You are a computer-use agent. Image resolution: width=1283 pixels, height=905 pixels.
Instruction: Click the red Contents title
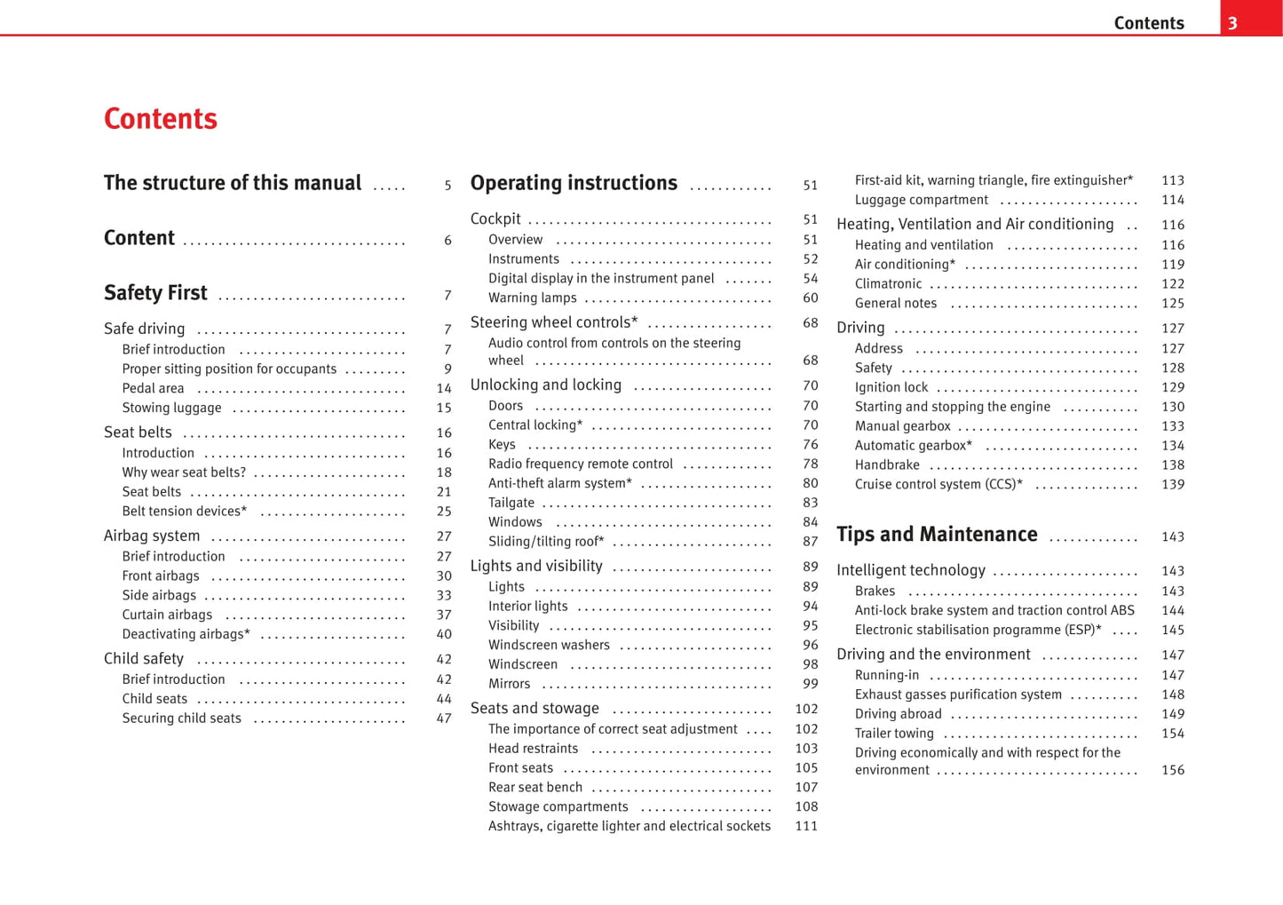[x=161, y=119]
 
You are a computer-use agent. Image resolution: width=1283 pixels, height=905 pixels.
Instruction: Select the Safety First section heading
[x=155, y=293]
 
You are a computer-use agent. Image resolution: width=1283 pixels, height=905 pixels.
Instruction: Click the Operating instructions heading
[x=574, y=184]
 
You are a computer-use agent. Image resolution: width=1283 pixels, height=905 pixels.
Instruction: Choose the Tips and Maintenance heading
[x=937, y=535]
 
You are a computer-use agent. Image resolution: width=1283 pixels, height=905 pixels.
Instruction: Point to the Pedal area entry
[x=153, y=388]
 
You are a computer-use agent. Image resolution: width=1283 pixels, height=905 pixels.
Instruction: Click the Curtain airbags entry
[x=167, y=615]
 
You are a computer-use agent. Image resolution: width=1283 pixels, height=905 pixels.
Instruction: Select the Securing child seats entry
[x=181, y=718]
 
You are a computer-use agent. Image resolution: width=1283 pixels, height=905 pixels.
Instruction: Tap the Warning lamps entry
[x=532, y=298]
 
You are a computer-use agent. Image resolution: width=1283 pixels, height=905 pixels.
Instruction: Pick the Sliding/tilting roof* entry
[x=546, y=541]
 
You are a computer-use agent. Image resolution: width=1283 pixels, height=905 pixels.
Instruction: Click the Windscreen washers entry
[x=549, y=645]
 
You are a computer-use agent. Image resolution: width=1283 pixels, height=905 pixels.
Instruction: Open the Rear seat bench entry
[x=535, y=787]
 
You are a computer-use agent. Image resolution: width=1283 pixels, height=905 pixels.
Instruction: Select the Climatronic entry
[x=888, y=283]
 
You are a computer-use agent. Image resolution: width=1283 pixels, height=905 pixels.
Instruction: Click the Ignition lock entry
[x=891, y=387]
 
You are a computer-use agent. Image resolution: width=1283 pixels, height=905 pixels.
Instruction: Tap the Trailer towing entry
[x=894, y=733]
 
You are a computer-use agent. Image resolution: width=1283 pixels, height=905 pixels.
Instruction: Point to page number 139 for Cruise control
[x=1172, y=484]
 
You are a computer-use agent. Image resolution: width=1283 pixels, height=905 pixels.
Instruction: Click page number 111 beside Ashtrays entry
[x=806, y=826]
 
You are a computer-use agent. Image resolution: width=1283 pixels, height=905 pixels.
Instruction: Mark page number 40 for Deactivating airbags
[x=444, y=634]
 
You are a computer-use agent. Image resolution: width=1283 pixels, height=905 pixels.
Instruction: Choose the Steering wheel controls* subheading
[x=554, y=322]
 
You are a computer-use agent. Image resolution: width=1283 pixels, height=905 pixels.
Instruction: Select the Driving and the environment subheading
[x=933, y=655]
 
